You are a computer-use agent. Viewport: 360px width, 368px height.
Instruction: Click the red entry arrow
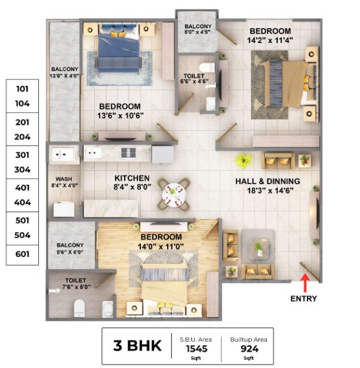pyautogui.click(x=305, y=283)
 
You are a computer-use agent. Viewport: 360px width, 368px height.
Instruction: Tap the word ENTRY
pyautogui.click(x=303, y=299)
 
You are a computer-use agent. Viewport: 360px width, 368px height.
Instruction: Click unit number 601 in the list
pyautogui.click(x=22, y=254)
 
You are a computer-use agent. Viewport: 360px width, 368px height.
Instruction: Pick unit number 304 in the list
pyautogui.click(x=22, y=170)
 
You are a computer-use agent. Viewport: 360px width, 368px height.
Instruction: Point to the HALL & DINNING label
pyautogui.click(x=267, y=181)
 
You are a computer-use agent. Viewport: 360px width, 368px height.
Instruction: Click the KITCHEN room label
pyautogui.click(x=132, y=178)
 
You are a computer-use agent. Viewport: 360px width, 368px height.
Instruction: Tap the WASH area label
pyautogui.click(x=64, y=179)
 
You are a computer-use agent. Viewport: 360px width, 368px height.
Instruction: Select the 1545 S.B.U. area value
pyautogui.click(x=196, y=349)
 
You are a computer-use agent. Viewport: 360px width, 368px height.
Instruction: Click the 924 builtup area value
pyautogui.click(x=250, y=349)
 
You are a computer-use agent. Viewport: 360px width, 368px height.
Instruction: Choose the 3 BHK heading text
pyautogui.click(x=137, y=345)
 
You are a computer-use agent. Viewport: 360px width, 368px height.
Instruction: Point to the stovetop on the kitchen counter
pyautogui.click(x=128, y=153)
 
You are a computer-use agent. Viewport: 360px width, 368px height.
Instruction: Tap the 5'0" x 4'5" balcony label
pyautogui.click(x=198, y=29)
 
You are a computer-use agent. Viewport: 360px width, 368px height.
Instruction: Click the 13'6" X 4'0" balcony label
pyautogui.click(x=64, y=72)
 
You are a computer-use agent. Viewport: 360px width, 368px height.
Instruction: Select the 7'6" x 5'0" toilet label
pyautogui.click(x=76, y=284)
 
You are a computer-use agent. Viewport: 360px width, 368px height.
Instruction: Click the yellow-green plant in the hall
pyautogui.click(x=244, y=161)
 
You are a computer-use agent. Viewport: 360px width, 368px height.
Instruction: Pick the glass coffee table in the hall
pyautogui.click(x=259, y=249)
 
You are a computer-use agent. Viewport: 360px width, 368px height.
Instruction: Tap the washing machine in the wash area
pyautogui.click(x=64, y=209)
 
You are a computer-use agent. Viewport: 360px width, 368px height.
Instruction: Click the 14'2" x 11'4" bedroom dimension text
pyautogui.click(x=270, y=41)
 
